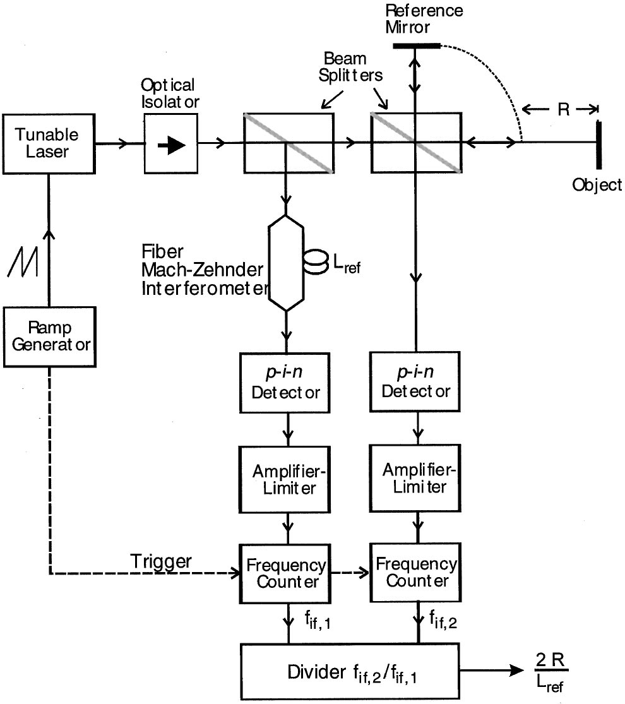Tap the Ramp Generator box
[49, 337]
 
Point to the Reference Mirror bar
[416, 45]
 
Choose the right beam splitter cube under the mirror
[415, 143]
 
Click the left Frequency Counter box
[287, 572]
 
